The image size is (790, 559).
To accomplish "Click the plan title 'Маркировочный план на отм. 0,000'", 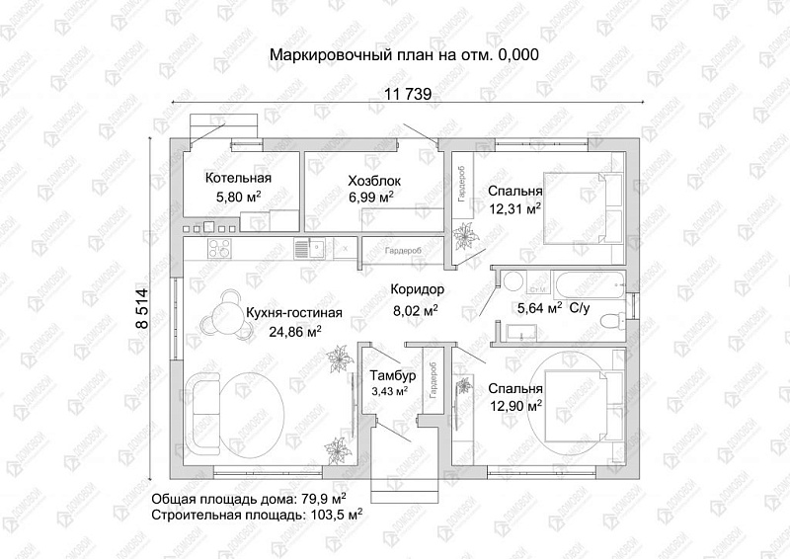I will click(x=404, y=55).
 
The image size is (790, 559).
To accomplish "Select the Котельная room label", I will click(x=238, y=179).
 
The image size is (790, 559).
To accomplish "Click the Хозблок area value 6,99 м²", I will click(x=371, y=198).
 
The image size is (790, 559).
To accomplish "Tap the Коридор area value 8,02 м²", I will click(x=416, y=309).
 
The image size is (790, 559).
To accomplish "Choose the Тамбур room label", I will click(x=393, y=376).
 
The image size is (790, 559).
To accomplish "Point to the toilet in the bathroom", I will click(x=610, y=319).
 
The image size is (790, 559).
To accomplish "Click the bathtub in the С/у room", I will click(x=583, y=281).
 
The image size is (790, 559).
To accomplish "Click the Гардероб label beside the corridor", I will click(x=403, y=251).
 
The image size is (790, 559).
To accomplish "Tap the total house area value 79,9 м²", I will click(x=318, y=497).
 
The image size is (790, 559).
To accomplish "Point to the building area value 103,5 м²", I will click(x=337, y=514).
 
